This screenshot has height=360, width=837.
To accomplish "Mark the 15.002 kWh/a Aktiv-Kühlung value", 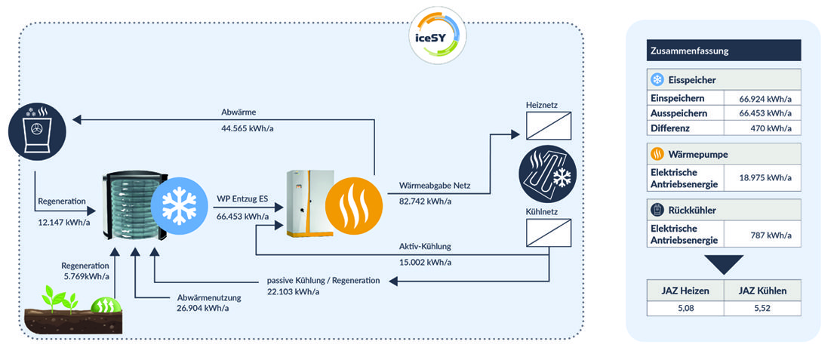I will coord(425,262).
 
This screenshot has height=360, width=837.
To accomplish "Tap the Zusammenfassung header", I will coord(724,51).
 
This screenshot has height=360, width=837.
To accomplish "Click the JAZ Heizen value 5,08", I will coord(685,308).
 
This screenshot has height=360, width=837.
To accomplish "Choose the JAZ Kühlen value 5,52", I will coord(761,308).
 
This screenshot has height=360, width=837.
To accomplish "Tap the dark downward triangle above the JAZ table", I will coord(723,264).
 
